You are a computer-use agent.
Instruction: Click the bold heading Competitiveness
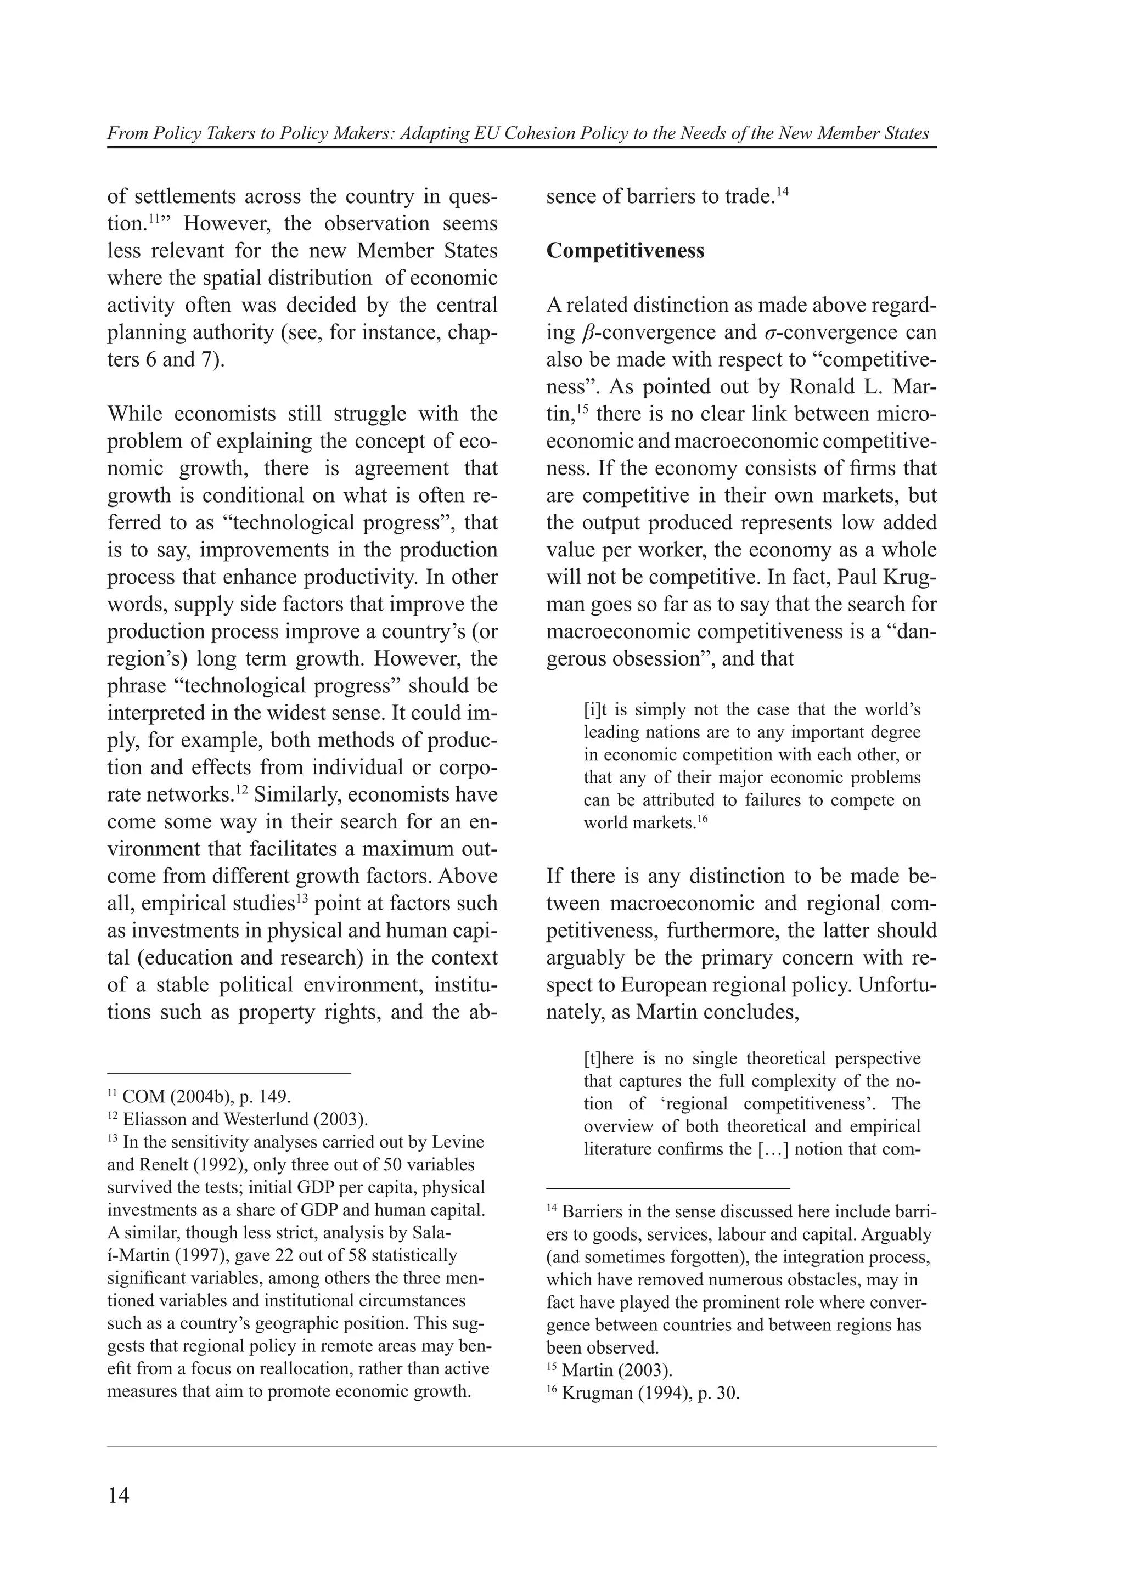[x=625, y=251]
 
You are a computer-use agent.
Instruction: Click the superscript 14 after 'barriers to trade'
[x=783, y=191]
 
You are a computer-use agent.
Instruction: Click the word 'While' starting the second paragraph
[x=135, y=414]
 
